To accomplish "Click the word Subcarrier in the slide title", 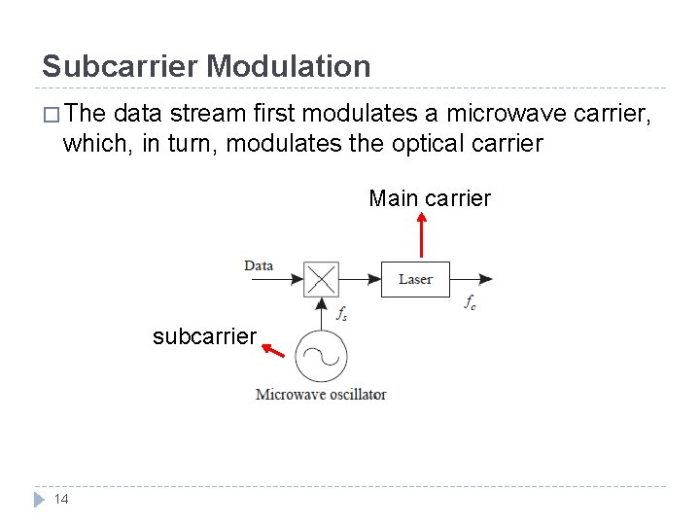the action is (120, 66).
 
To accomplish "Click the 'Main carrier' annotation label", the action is (430, 199).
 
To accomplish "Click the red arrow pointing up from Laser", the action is (421, 235).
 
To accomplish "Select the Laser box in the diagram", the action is (415, 279).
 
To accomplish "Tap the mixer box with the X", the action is (321, 279).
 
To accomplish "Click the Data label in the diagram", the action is (259, 265).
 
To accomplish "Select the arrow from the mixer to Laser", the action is (359, 279).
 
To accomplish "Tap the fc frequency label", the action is (470, 303).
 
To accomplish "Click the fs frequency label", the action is (342, 313).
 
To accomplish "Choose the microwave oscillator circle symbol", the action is (321, 358).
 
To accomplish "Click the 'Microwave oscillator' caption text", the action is (321, 395).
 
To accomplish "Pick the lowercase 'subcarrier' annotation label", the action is (204, 337).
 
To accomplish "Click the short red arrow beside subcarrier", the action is (274, 349).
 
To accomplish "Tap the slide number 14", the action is (60, 499).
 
